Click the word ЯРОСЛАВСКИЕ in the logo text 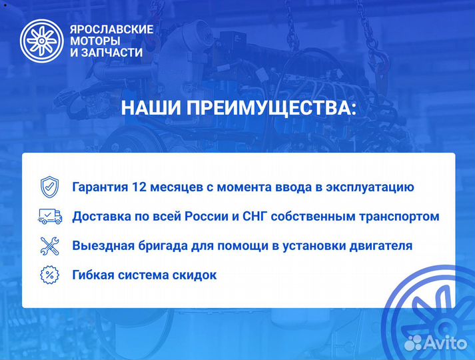(x=111, y=29)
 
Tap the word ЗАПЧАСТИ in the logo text (x=117, y=53)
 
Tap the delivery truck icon (x=50, y=216)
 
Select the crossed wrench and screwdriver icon (x=50, y=246)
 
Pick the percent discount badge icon (x=50, y=275)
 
